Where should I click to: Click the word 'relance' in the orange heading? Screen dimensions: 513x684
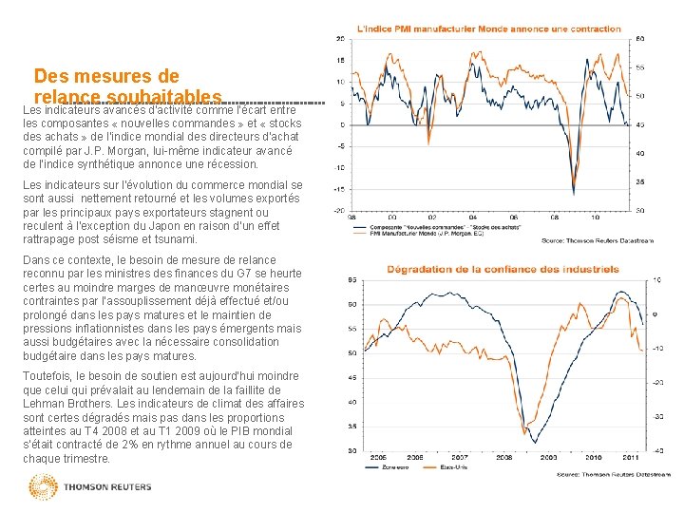point(67,98)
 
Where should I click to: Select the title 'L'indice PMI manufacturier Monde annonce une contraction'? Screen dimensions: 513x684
point(488,28)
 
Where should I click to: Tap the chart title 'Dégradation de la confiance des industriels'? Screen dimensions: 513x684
point(503,269)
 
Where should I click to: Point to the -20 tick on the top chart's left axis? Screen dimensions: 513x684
point(338,210)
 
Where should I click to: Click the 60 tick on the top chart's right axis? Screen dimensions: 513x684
point(641,38)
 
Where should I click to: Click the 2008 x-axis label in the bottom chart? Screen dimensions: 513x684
point(503,458)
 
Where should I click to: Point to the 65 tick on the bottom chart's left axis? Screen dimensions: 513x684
point(352,279)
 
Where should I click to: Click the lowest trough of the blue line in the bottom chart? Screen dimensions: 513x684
point(545,432)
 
